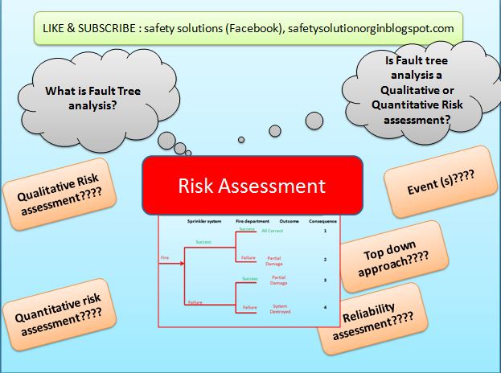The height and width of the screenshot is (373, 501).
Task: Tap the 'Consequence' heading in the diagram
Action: coord(322,219)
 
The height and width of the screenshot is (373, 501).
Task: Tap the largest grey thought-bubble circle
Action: coord(274,130)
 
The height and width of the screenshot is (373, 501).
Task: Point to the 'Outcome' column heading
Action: coord(289,219)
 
